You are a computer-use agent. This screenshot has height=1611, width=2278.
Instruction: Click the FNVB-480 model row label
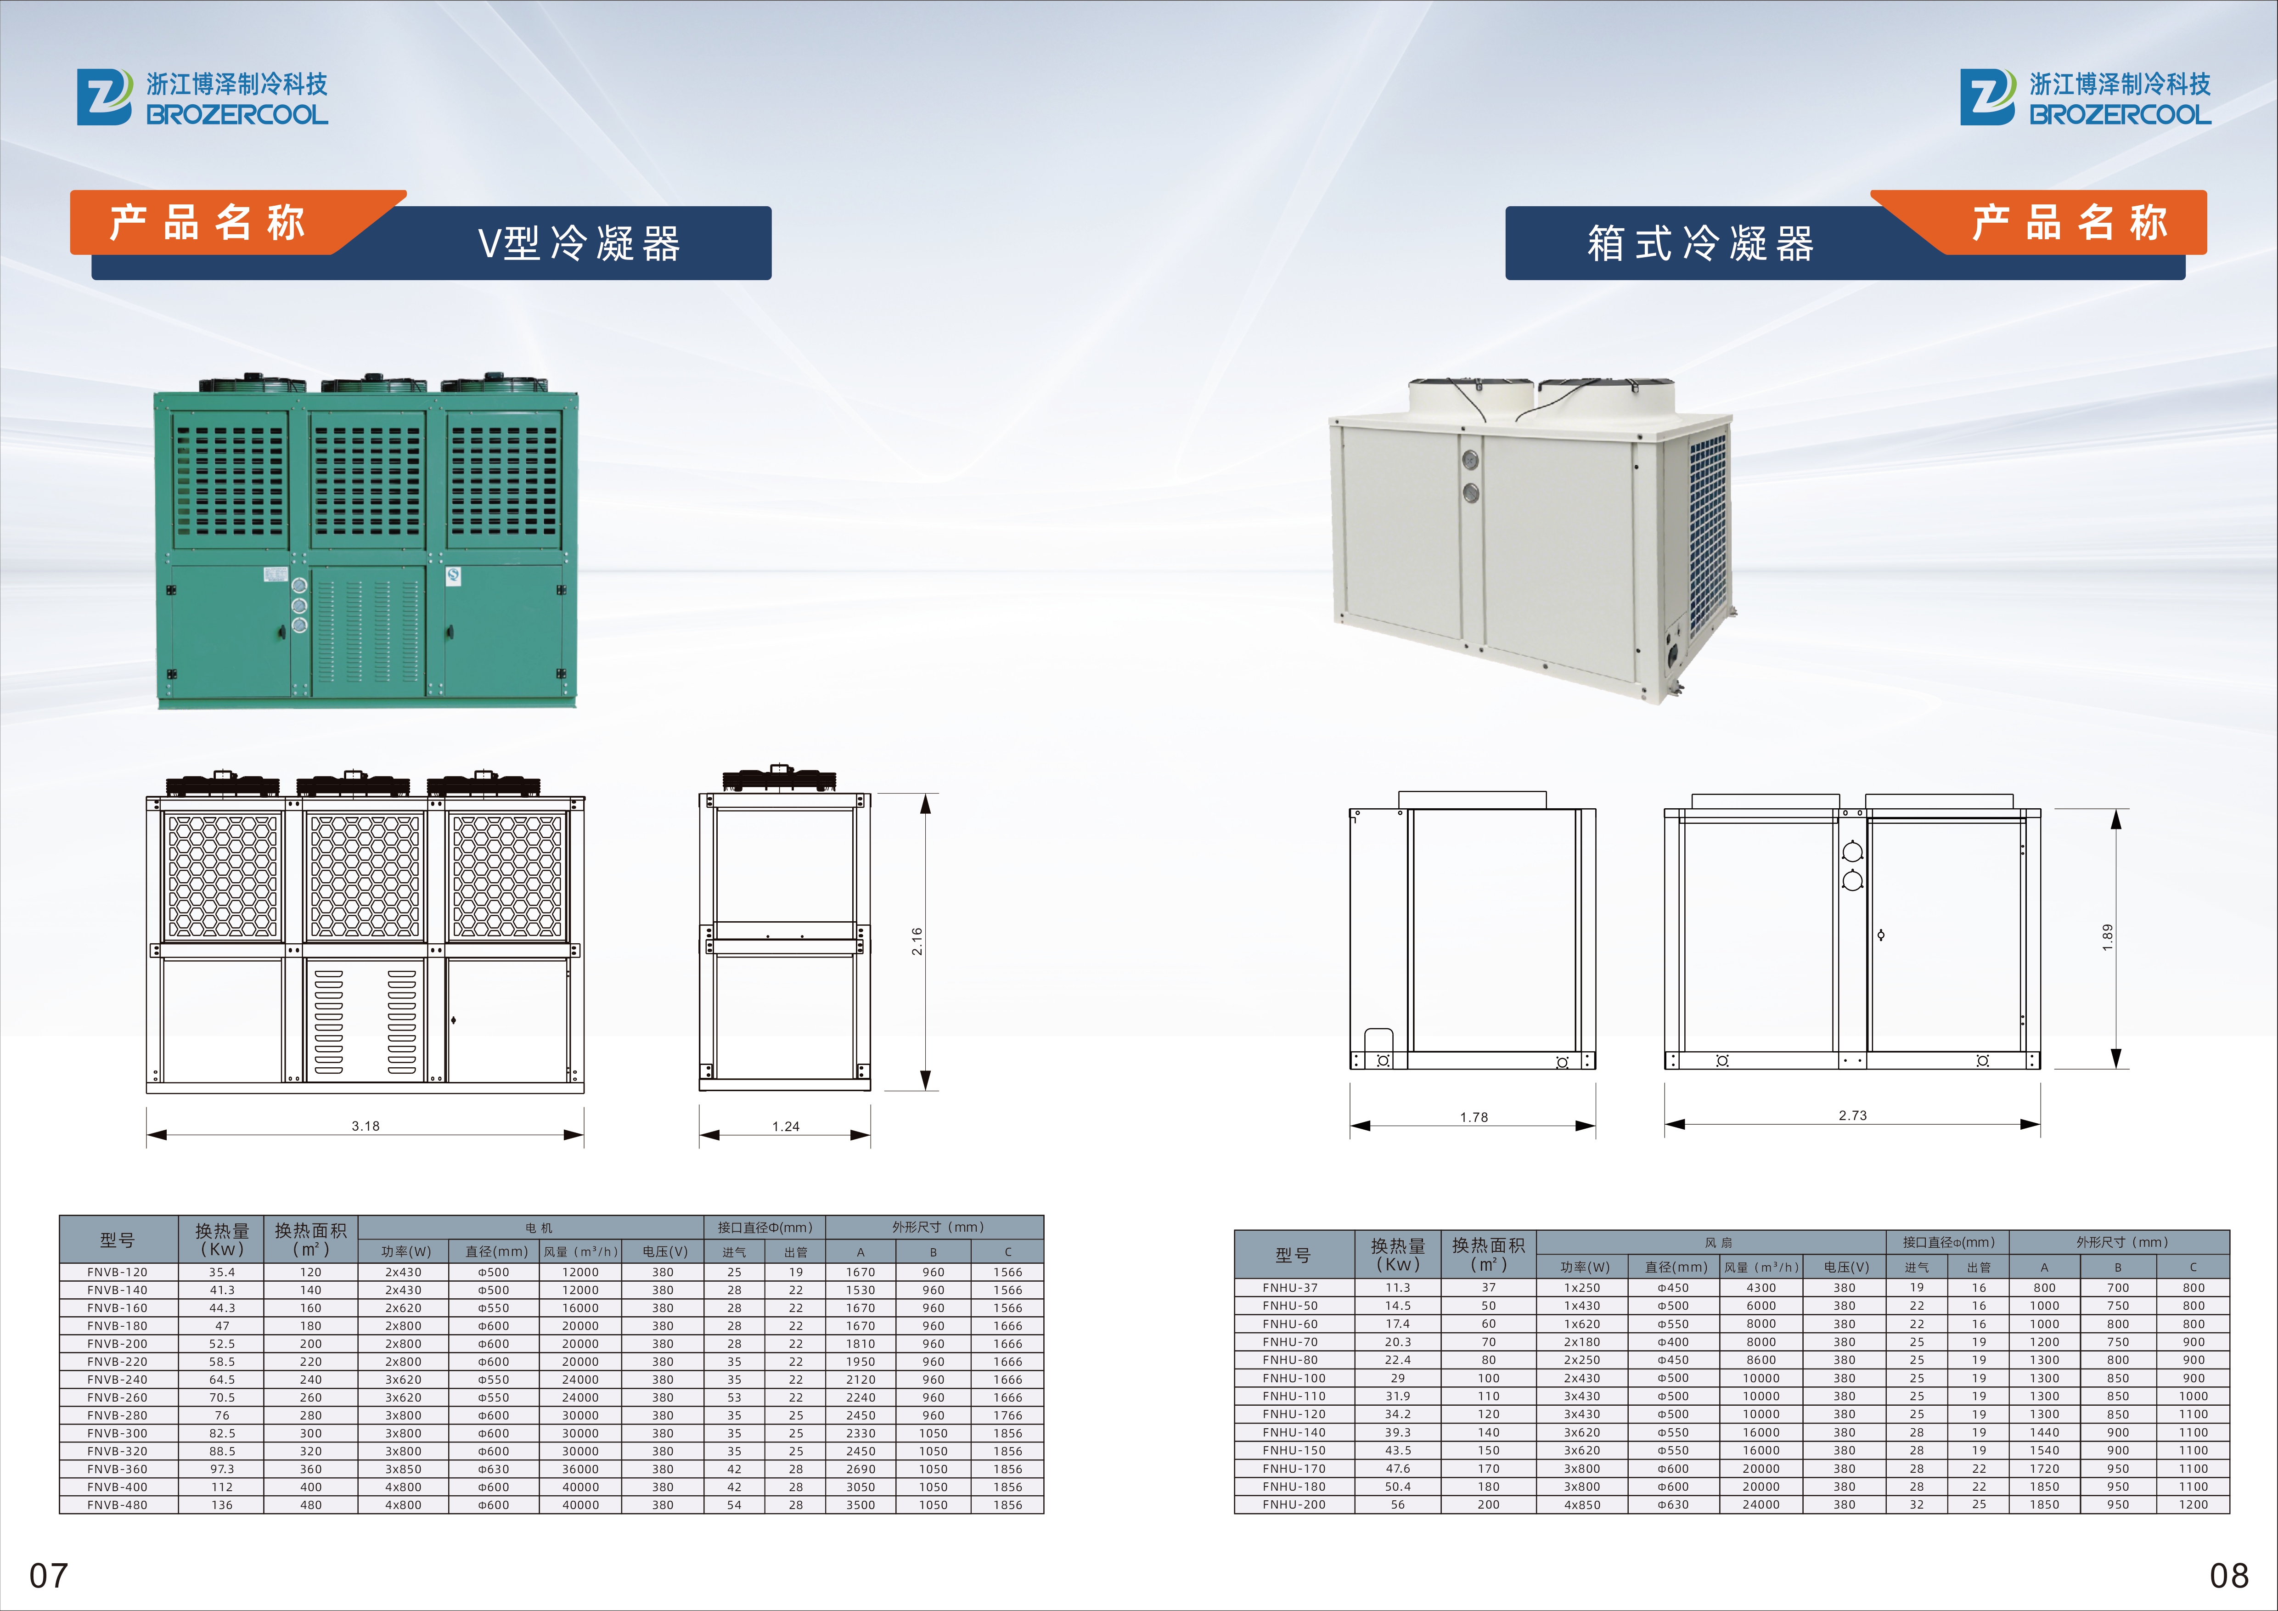[x=117, y=1505]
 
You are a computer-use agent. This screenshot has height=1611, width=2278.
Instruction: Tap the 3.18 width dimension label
[x=365, y=1126]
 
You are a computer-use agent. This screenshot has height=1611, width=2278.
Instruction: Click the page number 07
[x=49, y=1575]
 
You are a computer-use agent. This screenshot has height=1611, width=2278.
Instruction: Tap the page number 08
[x=2229, y=1575]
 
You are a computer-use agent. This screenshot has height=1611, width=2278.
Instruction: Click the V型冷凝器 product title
[x=579, y=243]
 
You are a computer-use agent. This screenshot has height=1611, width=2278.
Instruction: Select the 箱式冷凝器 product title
[x=1700, y=243]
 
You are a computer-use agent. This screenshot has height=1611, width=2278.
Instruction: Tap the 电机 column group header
[x=539, y=1228]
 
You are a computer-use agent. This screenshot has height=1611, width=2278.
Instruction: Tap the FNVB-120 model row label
[x=117, y=1272]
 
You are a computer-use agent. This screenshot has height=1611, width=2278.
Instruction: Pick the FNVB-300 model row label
[x=117, y=1433]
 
